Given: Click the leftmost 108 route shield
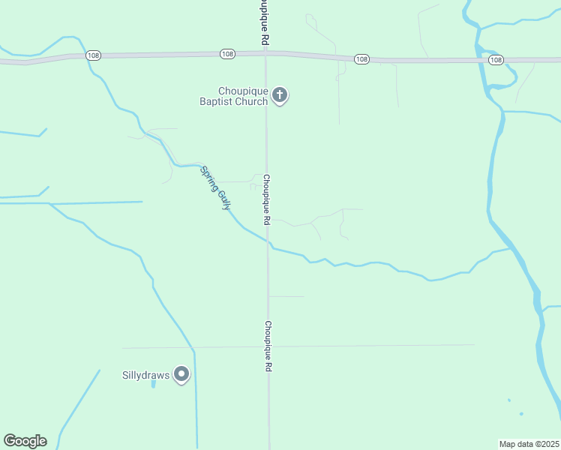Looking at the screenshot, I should [93, 55].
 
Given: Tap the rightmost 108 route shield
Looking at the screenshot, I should [495, 59].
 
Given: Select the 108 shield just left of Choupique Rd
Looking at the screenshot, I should [228, 54].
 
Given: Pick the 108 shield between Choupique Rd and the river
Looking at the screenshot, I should [361, 59].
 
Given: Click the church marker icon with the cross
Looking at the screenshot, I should [280, 95].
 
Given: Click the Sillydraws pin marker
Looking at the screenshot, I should [181, 374].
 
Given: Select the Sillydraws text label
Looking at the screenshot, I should [145, 375].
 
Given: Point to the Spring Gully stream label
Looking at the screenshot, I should [215, 187].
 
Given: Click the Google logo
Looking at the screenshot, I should [25, 441].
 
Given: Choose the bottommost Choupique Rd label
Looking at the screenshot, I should [268, 347].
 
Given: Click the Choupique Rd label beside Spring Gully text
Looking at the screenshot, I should [266, 200].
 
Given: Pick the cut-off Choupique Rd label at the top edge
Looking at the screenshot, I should [264, 22].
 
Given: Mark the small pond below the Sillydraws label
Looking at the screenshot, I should [153, 384].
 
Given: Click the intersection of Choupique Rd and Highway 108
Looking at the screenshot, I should [265, 52].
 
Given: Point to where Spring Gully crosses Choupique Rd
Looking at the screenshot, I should [268, 243].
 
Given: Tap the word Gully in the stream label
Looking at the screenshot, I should [222, 197].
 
